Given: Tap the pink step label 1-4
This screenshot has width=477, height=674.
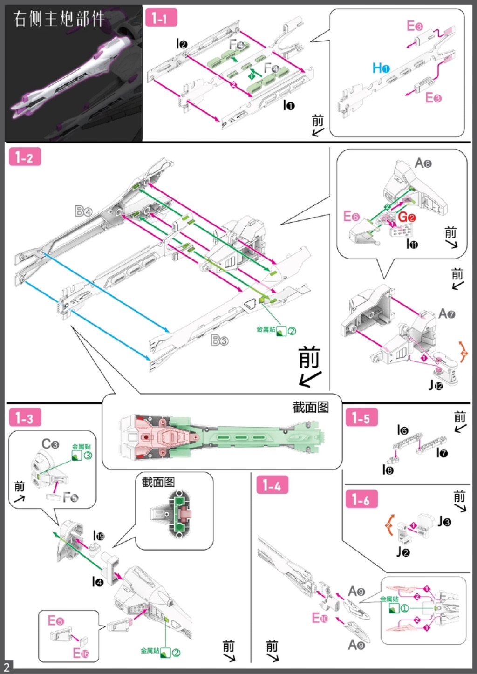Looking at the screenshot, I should (272, 485).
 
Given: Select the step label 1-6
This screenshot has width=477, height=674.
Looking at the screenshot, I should (361, 499).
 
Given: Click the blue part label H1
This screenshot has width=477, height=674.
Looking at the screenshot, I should (381, 68).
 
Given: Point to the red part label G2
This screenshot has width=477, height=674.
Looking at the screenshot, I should (406, 217).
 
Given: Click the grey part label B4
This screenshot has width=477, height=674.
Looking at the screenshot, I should (84, 211).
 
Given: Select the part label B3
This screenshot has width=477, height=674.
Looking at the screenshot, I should (219, 340).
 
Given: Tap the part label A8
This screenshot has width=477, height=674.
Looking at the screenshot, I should (423, 163).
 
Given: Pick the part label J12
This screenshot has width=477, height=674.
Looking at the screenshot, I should (436, 385).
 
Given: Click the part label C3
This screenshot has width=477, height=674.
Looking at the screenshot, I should (50, 444).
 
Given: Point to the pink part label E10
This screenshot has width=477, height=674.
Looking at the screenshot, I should (320, 618).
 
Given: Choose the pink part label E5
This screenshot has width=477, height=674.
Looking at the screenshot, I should (55, 621).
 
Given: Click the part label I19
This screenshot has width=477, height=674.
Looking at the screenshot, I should (99, 536).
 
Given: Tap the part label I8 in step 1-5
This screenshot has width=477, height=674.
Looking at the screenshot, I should (388, 470).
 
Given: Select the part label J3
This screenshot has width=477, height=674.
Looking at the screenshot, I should (444, 522).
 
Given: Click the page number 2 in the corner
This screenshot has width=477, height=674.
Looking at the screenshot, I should (7, 667).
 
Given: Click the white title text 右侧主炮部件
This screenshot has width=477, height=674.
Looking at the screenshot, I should (59, 19).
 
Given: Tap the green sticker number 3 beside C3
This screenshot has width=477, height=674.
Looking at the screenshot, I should (87, 456).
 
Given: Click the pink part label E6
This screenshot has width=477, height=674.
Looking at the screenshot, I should (351, 217).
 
